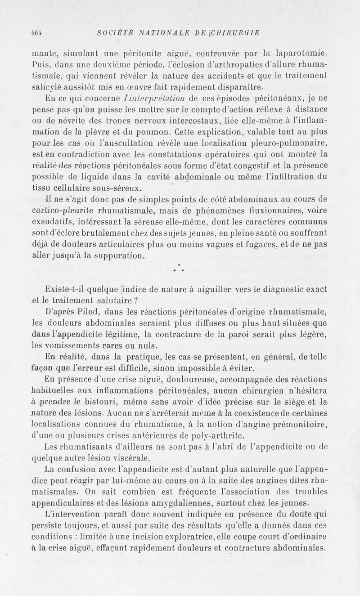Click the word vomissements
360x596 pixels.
pos(68,345)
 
